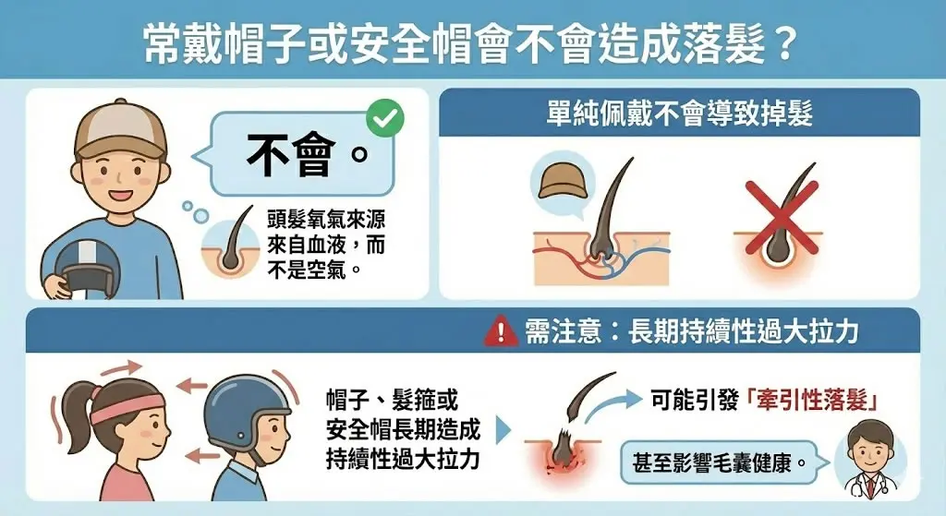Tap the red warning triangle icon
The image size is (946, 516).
tap(501, 331)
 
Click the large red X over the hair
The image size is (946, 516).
tap(782, 217)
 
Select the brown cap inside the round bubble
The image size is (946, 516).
tap(563, 182)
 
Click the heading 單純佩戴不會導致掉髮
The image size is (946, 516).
tap(679, 112)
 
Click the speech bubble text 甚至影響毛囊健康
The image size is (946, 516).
tap(712, 463)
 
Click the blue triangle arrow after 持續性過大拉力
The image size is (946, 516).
tap(503, 430)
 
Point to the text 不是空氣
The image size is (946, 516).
tap(307, 270)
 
